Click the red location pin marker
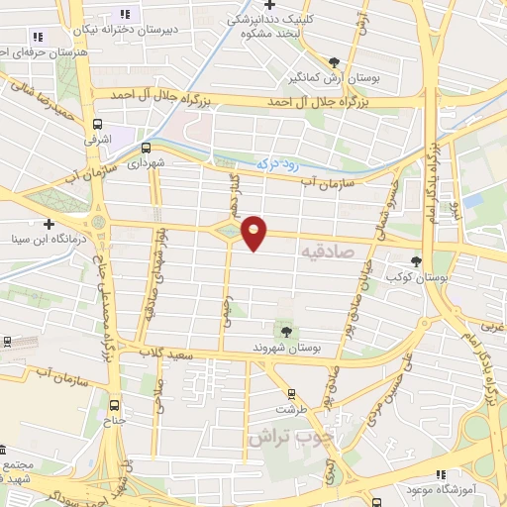click(254, 231)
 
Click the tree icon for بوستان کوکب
click(416, 262)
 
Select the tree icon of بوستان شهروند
click(285, 331)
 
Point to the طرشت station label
click(290, 407)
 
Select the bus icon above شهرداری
click(148, 147)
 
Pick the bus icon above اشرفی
click(97, 125)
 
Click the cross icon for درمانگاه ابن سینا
click(49, 225)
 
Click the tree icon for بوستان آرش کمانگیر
click(334, 61)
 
